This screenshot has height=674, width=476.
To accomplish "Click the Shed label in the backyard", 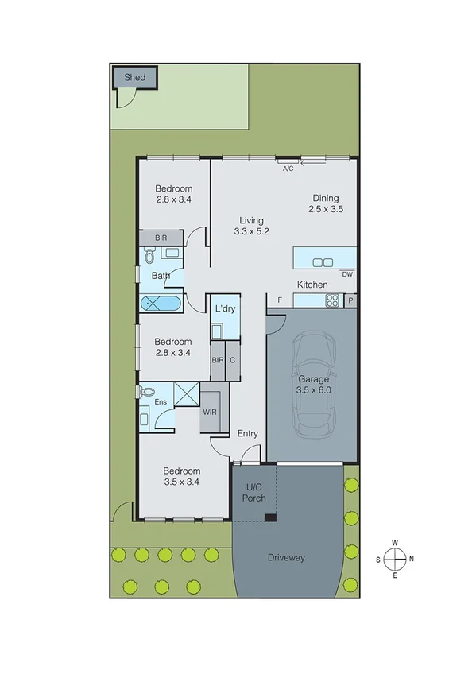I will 134,78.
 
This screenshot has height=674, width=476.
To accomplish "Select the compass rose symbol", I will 394,558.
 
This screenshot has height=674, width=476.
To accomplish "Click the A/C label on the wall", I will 288,168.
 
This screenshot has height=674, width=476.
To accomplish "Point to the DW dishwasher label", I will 346,275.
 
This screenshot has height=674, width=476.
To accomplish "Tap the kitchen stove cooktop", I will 333,300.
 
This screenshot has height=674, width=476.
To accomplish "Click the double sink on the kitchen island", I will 322,262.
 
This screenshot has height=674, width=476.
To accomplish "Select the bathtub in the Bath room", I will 161,304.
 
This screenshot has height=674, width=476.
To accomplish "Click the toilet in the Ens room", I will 147,393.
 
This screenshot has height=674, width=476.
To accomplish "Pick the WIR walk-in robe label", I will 210,413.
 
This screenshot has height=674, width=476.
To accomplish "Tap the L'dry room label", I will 225,308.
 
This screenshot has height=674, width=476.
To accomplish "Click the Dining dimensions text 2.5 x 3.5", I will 326,210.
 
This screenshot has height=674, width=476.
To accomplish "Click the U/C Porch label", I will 253,493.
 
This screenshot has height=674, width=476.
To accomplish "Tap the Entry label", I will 248,433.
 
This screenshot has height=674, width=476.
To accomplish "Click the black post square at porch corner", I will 271,518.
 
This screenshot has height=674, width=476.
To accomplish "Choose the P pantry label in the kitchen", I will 350,300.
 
